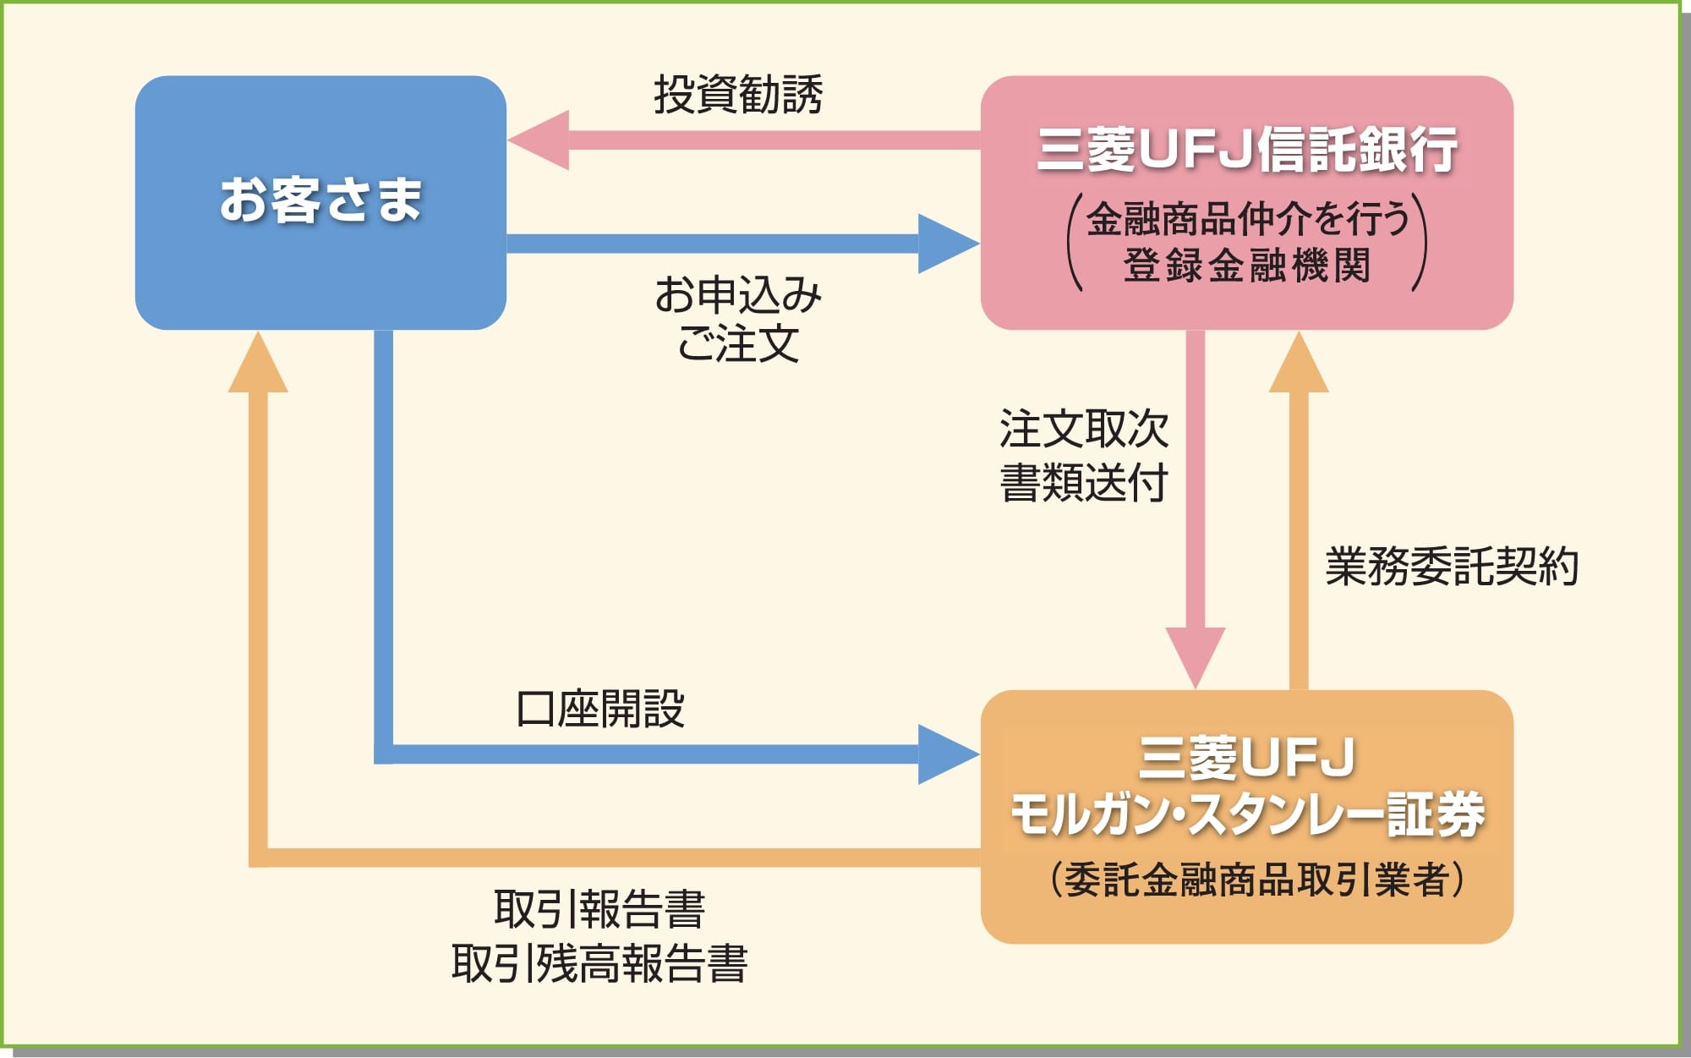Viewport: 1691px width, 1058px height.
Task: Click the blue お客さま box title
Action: click(x=320, y=200)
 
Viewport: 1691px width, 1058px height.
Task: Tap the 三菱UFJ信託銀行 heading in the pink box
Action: click(x=1247, y=151)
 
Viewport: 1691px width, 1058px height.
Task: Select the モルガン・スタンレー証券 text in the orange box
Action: click(x=1247, y=815)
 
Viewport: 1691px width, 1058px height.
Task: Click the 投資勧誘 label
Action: click(x=738, y=94)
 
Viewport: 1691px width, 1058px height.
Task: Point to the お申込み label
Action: click(x=738, y=294)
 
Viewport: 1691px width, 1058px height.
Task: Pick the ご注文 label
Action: click(x=738, y=343)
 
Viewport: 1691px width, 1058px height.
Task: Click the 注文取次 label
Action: click(x=1084, y=429)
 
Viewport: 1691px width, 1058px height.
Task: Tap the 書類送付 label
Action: click(x=1084, y=483)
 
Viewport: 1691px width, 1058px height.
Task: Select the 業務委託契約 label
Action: click(x=1452, y=566)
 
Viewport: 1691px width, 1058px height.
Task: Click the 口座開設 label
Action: click(x=600, y=709)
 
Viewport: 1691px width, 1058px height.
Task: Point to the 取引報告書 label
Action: click(x=599, y=909)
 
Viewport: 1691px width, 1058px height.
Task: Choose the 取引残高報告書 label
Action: click(x=599, y=963)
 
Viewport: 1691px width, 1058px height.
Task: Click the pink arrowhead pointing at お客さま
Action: click(x=539, y=140)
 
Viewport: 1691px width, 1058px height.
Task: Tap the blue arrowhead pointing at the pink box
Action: click(x=949, y=244)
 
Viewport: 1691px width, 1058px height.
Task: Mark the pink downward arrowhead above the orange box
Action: click(x=1196, y=658)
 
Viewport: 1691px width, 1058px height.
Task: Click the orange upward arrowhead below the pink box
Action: click(x=1299, y=361)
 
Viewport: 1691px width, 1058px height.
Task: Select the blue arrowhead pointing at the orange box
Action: click(x=949, y=754)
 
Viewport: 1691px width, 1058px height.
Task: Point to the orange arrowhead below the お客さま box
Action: click(x=258, y=361)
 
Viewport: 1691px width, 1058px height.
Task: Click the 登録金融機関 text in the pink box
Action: click(x=1247, y=266)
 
